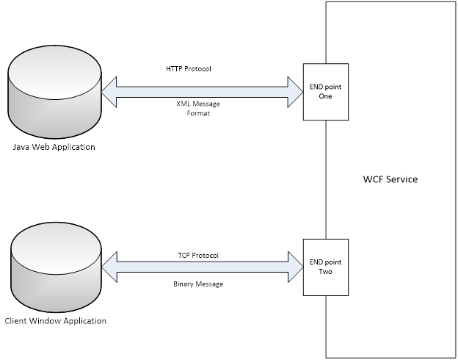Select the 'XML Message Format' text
pos(198,109)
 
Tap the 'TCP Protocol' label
pos(198,256)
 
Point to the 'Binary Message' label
pos(198,284)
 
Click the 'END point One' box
pos(326,91)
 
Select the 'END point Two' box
pos(326,267)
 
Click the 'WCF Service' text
pos(390,179)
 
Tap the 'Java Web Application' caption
pos(54,147)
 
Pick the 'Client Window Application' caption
pos(55,321)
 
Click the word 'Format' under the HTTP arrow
pos(198,113)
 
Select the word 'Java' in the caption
pos(22,147)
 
